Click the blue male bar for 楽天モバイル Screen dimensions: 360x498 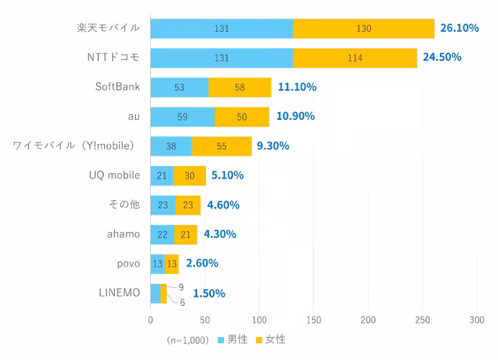(221, 28)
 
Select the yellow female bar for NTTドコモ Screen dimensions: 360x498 (355, 57)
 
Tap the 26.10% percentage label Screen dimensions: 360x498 (459, 28)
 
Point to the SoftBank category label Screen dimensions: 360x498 (118, 87)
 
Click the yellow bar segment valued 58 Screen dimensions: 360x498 (239, 87)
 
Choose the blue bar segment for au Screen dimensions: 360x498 (182, 116)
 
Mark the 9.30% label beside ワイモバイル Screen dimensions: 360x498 (273, 146)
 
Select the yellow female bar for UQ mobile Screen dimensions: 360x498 (190, 175)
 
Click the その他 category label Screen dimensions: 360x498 (124, 204)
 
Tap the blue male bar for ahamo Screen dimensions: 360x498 (162, 234)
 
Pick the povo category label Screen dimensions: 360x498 (129, 263)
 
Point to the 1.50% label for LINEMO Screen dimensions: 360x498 (209, 293)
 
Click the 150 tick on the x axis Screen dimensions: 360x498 (313, 320)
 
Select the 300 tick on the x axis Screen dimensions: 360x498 (477, 320)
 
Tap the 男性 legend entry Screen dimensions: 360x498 (233, 340)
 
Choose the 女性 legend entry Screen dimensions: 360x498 (270, 340)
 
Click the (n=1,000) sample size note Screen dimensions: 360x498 (187, 341)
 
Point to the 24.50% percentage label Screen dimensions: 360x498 (442, 57)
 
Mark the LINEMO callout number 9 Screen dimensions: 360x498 (181, 287)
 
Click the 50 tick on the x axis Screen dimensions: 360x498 (205, 320)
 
